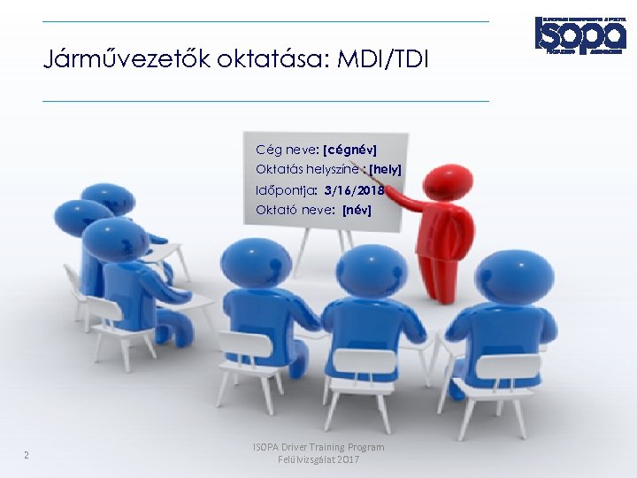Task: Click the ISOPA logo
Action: pyautogui.click(x=579, y=33)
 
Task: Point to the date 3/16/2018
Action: pyautogui.click(x=354, y=189)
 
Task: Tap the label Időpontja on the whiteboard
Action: pyautogui.click(x=286, y=189)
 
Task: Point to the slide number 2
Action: pyautogui.click(x=27, y=456)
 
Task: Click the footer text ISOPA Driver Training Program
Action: pyautogui.click(x=318, y=448)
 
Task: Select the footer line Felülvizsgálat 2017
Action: pyautogui.click(x=318, y=461)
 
